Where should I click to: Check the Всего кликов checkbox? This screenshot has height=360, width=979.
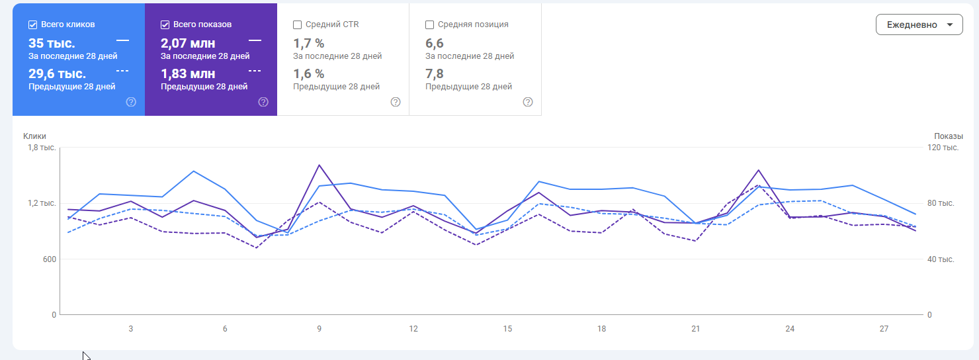32,24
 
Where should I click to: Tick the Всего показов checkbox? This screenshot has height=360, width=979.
165,24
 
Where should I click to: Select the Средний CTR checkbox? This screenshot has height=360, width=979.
297,24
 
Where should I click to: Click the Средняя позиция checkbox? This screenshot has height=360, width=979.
429,24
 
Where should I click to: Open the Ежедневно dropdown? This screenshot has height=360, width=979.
919,24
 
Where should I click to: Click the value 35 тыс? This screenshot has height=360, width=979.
52,44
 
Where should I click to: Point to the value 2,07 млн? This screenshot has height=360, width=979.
187,44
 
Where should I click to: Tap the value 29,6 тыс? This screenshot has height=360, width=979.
57,73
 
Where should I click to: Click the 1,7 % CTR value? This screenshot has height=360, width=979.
308,44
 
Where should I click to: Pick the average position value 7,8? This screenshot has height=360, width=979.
435,73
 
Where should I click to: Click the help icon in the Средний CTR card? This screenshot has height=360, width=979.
396,102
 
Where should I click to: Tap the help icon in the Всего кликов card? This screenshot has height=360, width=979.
131,102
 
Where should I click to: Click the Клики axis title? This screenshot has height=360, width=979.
34,136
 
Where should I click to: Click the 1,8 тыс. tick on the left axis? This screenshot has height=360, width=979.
41,148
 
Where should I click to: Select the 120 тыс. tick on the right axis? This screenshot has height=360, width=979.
943,148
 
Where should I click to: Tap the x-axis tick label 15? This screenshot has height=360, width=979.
507,329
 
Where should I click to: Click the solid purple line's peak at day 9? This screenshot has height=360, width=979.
319,165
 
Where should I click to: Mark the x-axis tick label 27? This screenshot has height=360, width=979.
884,329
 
